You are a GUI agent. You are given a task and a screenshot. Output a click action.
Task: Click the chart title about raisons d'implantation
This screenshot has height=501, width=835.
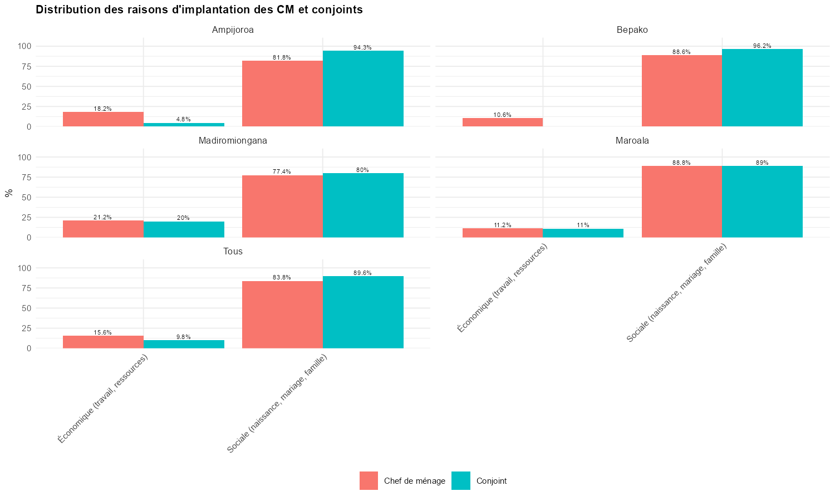click(x=199, y=9)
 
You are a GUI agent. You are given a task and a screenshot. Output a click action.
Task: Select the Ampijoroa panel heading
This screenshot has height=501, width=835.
click(x=233, y=30)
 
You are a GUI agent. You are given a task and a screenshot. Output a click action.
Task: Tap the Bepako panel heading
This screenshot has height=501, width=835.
click(x=632, y=30)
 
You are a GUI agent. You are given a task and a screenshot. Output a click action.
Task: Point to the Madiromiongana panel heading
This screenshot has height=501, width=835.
click(x=233, y=141)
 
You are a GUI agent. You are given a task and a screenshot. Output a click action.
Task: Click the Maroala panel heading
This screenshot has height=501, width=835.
click(x=632, y=141)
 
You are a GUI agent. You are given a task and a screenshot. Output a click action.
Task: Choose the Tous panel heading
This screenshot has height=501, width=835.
click(x=233, y=252)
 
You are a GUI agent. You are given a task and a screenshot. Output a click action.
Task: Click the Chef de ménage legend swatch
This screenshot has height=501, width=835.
click(x=369, y=481)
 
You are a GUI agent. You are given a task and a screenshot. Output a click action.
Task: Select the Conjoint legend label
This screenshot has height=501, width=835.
click(x=491, y=481)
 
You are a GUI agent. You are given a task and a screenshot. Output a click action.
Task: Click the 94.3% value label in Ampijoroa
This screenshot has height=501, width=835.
click(x=362, y=48)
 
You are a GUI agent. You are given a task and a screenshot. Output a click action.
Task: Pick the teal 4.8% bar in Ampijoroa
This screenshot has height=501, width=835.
click(x=184, y=125)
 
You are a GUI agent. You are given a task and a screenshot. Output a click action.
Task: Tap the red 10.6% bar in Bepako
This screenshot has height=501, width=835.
click(x=502, y=122)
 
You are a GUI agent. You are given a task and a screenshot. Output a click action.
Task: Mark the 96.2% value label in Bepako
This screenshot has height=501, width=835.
click(x=762, y=46)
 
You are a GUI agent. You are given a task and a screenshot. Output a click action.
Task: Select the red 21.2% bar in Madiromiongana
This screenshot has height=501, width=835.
click(x=103, y=229)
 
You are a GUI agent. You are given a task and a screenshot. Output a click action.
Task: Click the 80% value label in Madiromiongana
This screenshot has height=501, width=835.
click(x=362, y=170)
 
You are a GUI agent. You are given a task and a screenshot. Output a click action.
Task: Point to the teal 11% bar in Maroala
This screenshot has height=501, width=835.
click(x=583, y=233)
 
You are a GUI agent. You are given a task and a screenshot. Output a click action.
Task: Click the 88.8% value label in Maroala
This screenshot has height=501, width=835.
click(x=681, y=163)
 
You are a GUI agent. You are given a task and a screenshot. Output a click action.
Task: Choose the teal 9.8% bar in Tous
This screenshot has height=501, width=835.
click(x=184, y=344)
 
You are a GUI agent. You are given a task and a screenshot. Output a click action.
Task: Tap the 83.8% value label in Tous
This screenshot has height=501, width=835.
click(x=282, y=278)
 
